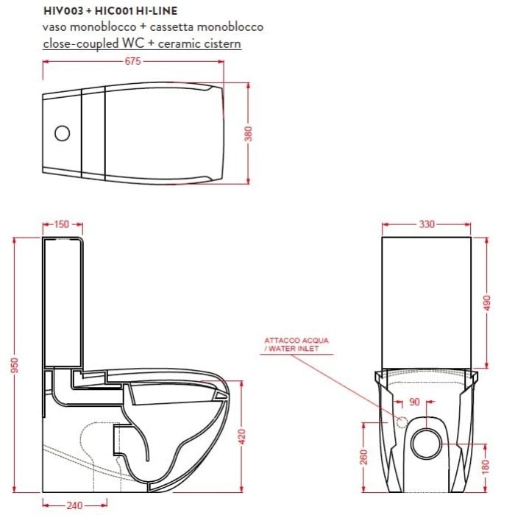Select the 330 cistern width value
427,224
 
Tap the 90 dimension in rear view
413,402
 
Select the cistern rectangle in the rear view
427,302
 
